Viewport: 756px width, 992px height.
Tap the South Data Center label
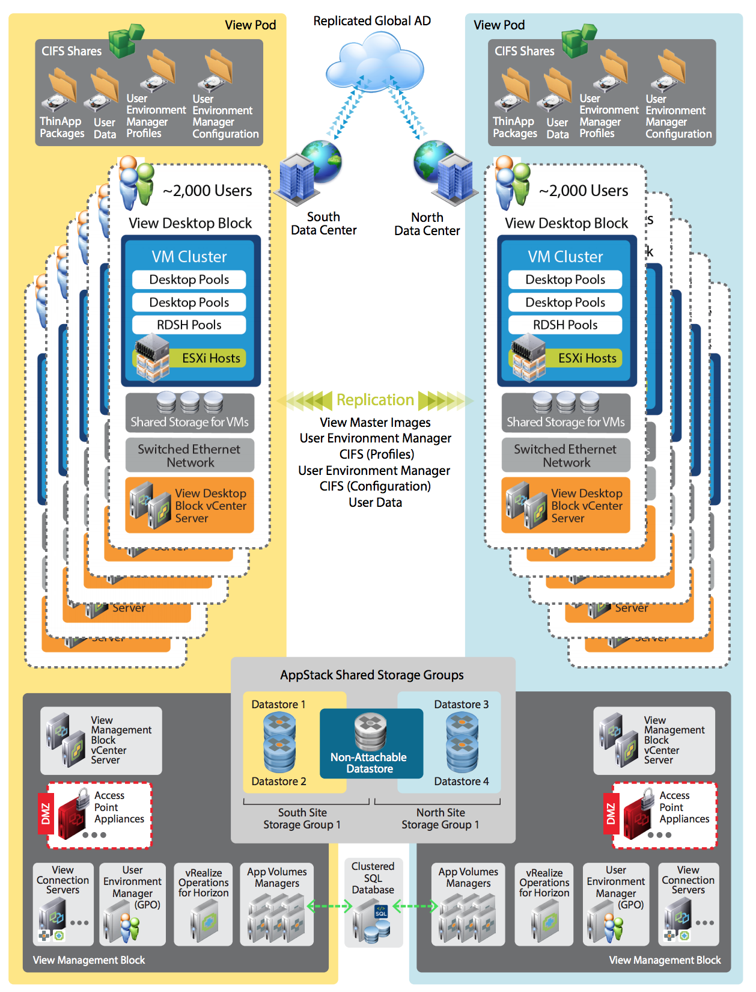tap(323, 224)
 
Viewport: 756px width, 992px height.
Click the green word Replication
tap(375, 400)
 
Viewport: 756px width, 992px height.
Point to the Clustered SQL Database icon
tap(373, 920)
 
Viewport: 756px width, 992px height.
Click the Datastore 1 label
tap(278, 704)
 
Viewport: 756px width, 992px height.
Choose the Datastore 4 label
tap(462, 781)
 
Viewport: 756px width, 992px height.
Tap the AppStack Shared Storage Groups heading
tap(372, 675)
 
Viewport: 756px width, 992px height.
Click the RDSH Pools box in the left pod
tap(189, 325)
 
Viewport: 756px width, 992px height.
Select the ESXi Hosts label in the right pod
tap(587, 358)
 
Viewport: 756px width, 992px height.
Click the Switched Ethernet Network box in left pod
tap(190, 456)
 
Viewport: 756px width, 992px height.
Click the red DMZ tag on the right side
tap(611, 813)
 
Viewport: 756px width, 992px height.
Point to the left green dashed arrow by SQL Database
tap(329, 906)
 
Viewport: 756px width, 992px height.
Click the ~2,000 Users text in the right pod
tap(584, 191)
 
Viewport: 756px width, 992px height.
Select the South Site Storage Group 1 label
tap(302, 819)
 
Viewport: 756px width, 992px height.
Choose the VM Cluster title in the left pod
tap(189, 257)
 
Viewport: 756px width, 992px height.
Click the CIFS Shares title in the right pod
tap(524, 51)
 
